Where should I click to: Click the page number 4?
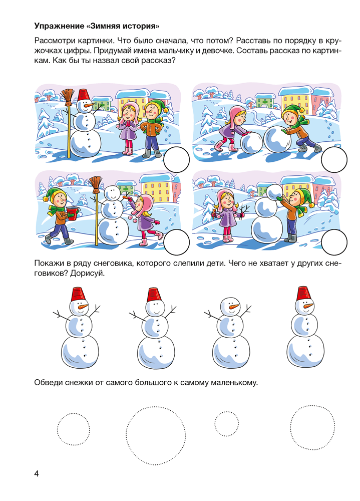[37, 473]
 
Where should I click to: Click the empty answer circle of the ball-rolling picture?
[334, 160]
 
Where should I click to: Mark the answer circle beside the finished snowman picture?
[176, 160]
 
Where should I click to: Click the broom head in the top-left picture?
[68, 96]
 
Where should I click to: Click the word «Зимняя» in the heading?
[105, 26]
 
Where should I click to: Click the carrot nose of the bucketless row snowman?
[235, 307]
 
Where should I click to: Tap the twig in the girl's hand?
[244, 210]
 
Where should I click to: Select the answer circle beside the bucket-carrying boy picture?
[176, 242]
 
